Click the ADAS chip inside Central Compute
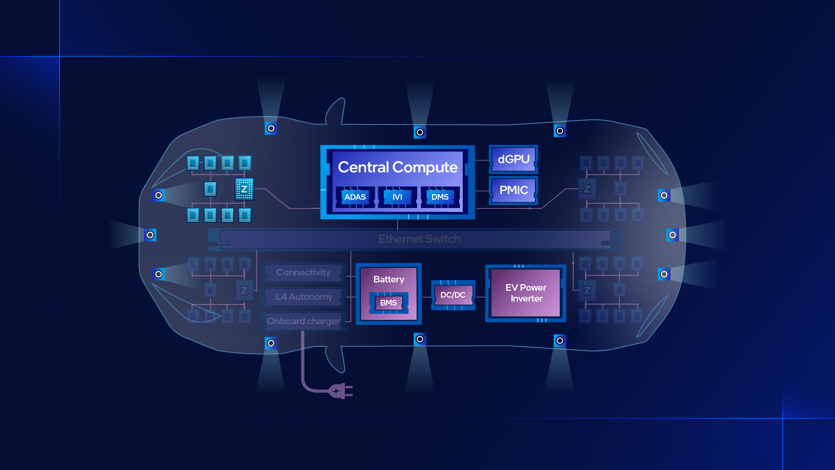pos(355,197)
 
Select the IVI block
pos(397,197)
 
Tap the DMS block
pos(440,197)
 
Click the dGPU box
pos(513,159)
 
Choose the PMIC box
pos(513,190)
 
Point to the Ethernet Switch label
pos(419,239)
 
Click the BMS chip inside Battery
pos(388,302)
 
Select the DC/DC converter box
pos(453,295)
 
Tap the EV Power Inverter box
pos(525,293)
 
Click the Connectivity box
pos(304,272)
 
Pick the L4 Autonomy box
pos(304,297)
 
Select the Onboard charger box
pos(304,321)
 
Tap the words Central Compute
pos(397,168)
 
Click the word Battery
pos(388,279)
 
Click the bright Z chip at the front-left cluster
pos(244,189)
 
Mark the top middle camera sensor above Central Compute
pos(420,132)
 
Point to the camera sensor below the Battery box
pos(420,339)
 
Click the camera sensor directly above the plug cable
pos(271,343)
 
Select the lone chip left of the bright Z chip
pos(210,189)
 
